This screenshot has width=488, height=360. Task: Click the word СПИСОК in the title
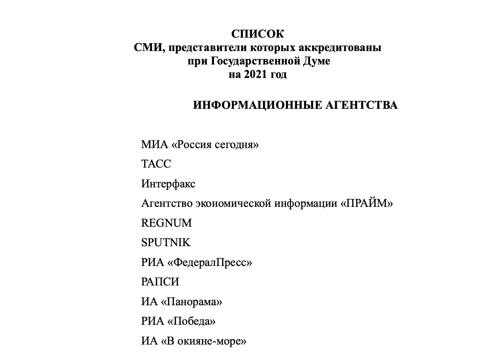pyautogui.click(x=257, y=34)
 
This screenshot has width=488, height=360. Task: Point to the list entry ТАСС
pyautogui.click(x=156, y=164)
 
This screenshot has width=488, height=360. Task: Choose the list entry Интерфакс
pyautogui.click(x=168, y=184)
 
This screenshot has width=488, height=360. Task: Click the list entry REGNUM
pyautogui.click(x=166, y=223)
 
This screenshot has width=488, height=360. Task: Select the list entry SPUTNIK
pyautogui.click(x=166, y=242)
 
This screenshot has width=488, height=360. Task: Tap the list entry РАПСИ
pyautogui.click(x=160, y=281)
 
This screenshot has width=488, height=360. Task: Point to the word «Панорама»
pyautogui.click(x=192, y=302)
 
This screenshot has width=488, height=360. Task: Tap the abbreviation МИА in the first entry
pyautogui.click(x=154, y=144)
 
